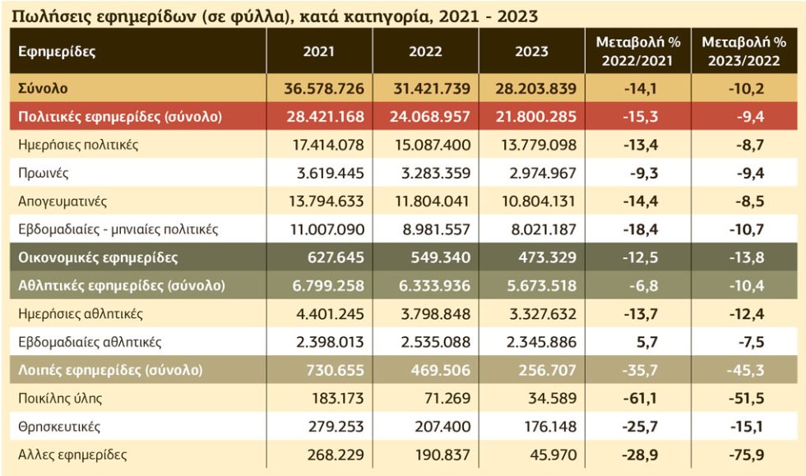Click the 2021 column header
click(x=319, y=52)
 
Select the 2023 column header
click(x=531, y=52)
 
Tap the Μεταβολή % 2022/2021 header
click(x=638, y=52)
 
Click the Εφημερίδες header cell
click(x=57, y=52)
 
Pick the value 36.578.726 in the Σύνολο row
click(x=324, y=89)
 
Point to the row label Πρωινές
click(x=43, y=173)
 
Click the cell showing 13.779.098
click(x=539, y=145)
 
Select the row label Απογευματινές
click(x=63, y=201)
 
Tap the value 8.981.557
click(x=437, y=229)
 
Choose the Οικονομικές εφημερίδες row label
click(x=98, y=257)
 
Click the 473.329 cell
click(x=548, y=257)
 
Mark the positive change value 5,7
click(x=646, y=342)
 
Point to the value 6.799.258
click(x=328, y=286)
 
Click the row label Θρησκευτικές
click(x=59, y=427)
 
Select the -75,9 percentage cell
click(x=747, y=455)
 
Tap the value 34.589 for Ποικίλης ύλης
click(x=553, y=399)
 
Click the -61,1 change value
click(x=640, y=399)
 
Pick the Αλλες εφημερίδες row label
click(x=72, y=455)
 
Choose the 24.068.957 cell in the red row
click(x=429, y=117)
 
